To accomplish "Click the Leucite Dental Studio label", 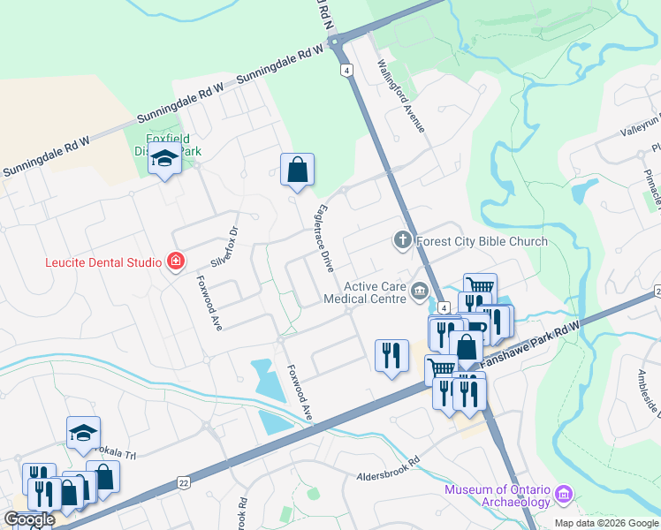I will pyautogui.click(x=103, y=262).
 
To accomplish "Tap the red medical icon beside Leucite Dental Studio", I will pyautogui.click(x=176, y=261).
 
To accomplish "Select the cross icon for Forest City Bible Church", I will pyautogui.click(x=402, y=240).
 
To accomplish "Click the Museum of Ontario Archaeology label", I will pyautogui.click(x=498, y=496).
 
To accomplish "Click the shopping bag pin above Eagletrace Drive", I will pyautogui.click(x=298, y=170).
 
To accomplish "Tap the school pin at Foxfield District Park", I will pyautogui.click(x=164, y=160).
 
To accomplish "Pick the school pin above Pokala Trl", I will pyautogui.click(x=83, y=433).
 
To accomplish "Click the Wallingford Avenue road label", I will pyautogui.click(x=402, y=96).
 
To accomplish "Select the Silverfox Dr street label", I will pyautogui.click(x=225, y=248).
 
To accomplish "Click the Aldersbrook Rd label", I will pyautogui.click(x=387, y=475).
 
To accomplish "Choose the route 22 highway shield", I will pyautogui.click(x=183, y=481).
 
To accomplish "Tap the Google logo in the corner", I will pyautogui.click(x=29, y=519).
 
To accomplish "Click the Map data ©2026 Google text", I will pyautogui.click(x=605, y=523).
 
